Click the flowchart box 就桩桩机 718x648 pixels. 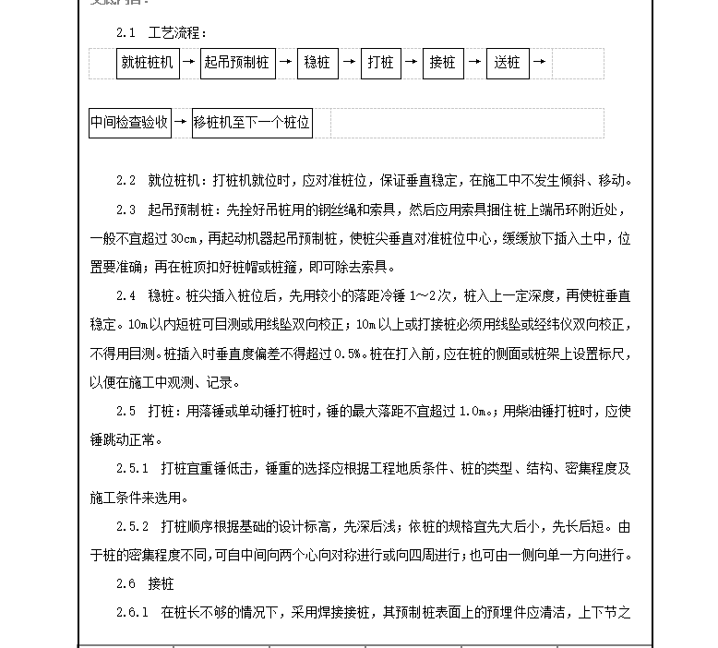(148, 63)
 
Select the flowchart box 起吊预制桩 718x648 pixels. (237, 63)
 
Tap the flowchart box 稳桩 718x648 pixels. (317, 63)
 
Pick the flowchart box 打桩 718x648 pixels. (380, 63)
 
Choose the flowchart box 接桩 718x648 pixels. (443, 63)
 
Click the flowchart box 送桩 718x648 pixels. (507, 63)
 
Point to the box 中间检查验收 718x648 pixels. (130, 122)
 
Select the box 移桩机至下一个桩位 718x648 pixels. (252, 122)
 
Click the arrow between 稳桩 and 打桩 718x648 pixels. (349, 63)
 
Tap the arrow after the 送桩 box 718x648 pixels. (540, 63)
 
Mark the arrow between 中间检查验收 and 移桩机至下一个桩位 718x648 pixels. (181, 122)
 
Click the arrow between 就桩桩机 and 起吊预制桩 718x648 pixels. (188, 63)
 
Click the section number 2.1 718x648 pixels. (126, 34)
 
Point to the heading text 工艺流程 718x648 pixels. (171, 34)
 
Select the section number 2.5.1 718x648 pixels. (132, 469)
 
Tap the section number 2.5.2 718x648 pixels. (132, 527)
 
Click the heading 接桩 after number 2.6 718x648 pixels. (161, 584)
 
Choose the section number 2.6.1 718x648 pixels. (132, 613)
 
